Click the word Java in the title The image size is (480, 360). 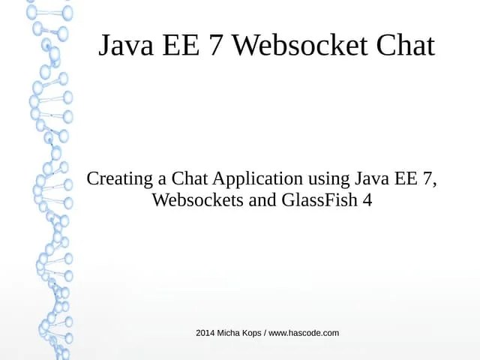point(124,46)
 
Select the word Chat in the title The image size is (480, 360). point(403,46)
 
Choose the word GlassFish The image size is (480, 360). point(320,200)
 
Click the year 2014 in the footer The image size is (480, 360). point(205,332)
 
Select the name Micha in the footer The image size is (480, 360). point(229,332)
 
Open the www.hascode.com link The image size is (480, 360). point(304,332)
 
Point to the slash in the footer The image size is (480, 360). point(265,332)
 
